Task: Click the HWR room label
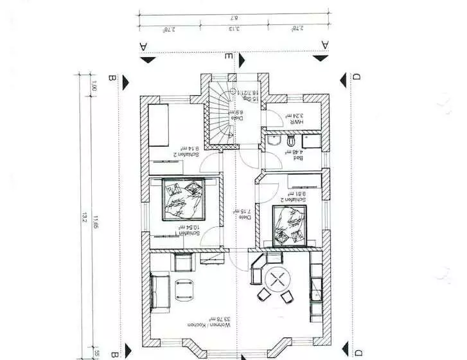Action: [x=297, y=122]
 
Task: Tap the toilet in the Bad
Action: [x=291, y=141]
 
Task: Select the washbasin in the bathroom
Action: [x=274, y=141]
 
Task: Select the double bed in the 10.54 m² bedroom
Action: [x=182, y=200]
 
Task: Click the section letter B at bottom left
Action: [x=113, y=353]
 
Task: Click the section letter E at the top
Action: [x=229, y=57]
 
